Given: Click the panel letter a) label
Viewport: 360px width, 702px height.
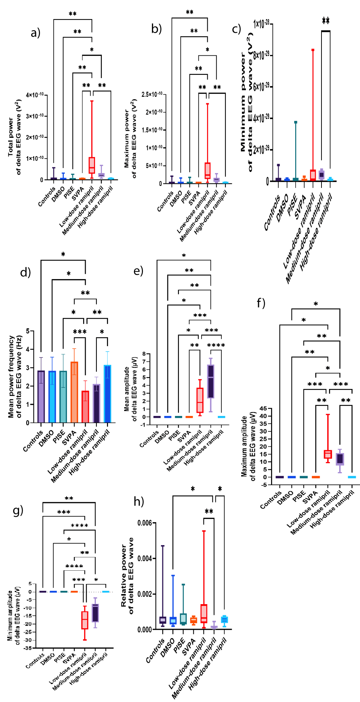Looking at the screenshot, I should (x=35, y=33).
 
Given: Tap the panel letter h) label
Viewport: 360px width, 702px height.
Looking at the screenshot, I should (x=139, y=501).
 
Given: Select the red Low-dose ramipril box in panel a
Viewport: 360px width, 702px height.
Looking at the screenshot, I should (x=92, y=165).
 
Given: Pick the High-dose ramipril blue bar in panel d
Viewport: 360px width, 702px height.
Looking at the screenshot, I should (x=107, y=394).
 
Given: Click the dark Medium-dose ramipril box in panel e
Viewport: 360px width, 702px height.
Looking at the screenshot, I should (x=211, y=381).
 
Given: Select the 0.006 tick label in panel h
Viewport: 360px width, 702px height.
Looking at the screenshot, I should (x=145, y=523).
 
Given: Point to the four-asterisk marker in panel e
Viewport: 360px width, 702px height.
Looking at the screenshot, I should (x=216, y=345).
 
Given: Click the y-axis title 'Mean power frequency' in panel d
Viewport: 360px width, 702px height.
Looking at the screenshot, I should (x=11, y=377).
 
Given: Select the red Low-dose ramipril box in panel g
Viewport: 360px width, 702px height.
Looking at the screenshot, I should (x=85, y=620).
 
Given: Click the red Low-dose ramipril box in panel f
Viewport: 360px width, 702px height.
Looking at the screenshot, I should (x=328, y=454).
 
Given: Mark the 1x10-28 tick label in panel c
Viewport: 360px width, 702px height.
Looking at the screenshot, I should (x=261, y=24).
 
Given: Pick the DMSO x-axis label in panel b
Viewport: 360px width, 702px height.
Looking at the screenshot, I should (x=176, y=198).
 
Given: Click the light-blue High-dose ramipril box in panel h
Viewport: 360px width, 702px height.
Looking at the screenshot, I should (x=224, y=620).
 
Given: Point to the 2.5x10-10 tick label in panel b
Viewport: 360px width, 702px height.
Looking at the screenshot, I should (x=152, y=94).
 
